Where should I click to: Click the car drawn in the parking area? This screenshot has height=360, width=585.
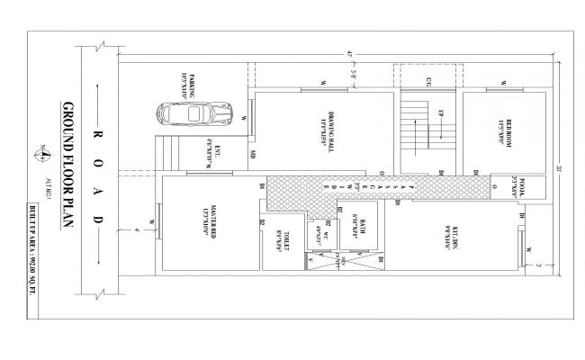pyautogui.click(x=190, y=116)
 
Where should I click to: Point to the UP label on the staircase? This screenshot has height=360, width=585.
pyautogui.click(x=441, y=113)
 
